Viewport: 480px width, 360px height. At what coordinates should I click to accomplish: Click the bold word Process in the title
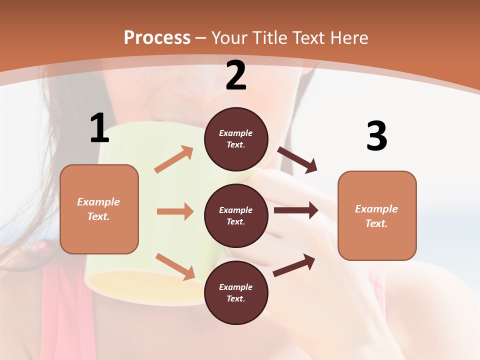click(x=157, y=37)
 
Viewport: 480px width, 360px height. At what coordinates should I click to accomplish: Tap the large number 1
click(x=99, y=128)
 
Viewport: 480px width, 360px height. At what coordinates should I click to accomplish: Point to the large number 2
click(x=236, y=76)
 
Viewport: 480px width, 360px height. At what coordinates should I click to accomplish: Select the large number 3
click(x=376, y=136)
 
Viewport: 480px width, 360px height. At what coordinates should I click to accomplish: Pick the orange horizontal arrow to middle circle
click(x=175, y=211)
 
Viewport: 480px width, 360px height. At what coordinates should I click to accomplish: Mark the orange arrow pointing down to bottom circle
click(x=175, y=266)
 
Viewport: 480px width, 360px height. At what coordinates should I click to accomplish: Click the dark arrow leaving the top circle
click(x=297, y=159)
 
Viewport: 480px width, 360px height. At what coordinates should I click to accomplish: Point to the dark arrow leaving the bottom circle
click(x=294, y=265)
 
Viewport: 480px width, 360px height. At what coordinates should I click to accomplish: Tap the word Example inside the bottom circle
click(x=236, y=287)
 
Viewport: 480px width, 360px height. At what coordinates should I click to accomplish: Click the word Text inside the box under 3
click(x=376, y=223)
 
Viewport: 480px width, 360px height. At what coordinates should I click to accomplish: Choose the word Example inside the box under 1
click(x=98, y=202)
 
